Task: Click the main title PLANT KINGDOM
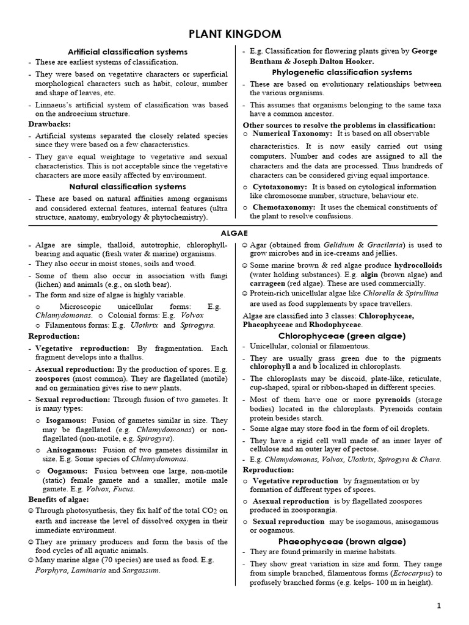click(x=234, y=33)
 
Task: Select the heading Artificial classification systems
click(x=128, y=52)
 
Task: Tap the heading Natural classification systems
click(x=128, y=186)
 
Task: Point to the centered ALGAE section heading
click(x=234, y=233)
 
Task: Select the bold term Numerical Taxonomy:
click(x=293, y=134)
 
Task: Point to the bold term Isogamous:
click(x=66, y=421)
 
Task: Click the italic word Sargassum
click(x=138, y=571)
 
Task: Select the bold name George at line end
click(x=425, y=52)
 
